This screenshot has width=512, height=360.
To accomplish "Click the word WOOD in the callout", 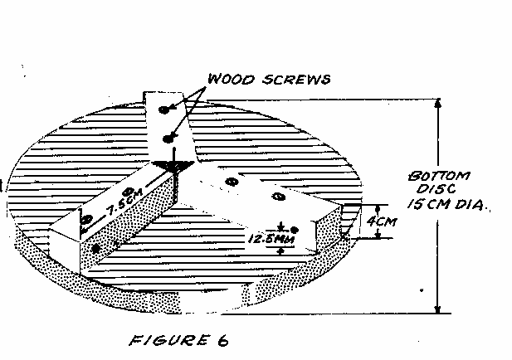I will tap(227, 80).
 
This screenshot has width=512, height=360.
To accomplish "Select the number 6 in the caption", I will tap(222, 340).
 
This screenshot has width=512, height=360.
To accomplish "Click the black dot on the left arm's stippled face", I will tap(98, 248).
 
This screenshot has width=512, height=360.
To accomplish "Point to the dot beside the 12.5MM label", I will tap(294, 229).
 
